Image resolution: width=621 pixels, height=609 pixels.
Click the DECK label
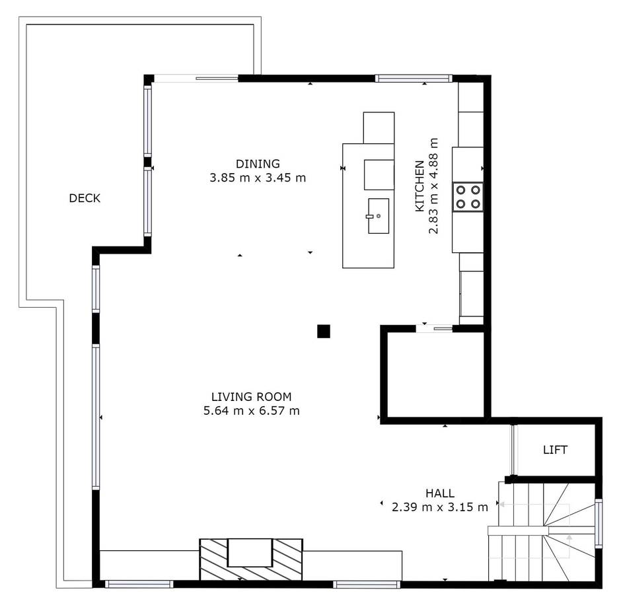click(85, 198)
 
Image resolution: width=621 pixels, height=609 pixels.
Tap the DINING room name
click(258, 164)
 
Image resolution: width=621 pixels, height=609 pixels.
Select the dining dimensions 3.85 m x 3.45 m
click(258, 178)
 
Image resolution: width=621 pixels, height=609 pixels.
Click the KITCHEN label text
click(419, 186)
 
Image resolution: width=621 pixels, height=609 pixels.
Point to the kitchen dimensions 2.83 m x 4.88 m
click(433, 186)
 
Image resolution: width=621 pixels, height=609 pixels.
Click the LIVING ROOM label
click(251, 397)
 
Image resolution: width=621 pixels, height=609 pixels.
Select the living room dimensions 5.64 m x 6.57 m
click(251, 411)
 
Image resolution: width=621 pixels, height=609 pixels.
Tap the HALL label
click(439, 493)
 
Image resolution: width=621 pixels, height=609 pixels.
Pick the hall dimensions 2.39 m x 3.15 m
click(439, 507)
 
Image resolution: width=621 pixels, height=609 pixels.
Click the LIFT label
click(555, 450)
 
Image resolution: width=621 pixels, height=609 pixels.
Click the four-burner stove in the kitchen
click(467, 197)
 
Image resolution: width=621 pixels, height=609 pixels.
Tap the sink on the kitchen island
click(378, 216)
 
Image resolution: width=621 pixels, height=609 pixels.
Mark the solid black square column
click(323, 332)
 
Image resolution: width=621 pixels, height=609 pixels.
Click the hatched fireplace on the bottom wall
click(251, 560)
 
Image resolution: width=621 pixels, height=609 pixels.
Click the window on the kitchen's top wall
click(414, 78)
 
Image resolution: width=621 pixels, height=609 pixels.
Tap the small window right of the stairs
click(599, 524)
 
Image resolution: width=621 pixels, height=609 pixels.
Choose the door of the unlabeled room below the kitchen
click(435, 328)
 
